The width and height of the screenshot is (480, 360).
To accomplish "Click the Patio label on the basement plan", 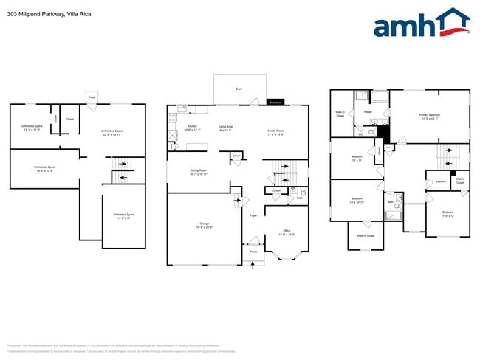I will tap(92, 97).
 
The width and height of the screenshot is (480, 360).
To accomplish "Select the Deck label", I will tap(239, 89).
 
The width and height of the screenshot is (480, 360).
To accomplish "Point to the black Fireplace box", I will tap(275, 102).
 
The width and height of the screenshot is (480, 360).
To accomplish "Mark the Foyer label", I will tap(253, 215).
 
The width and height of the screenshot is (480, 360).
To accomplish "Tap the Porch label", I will tap(253, 252).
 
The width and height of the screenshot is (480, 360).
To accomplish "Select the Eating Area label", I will tap(225, 127).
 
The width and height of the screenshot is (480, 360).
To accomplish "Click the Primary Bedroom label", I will tap(429, 115).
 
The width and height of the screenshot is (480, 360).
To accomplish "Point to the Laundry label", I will tap(440, 181).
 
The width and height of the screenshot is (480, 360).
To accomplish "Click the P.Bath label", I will tap(367, 112).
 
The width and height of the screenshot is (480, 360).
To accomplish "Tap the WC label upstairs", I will tap(360, 134).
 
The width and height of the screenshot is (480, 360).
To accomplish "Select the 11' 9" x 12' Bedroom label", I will tap(448, 212).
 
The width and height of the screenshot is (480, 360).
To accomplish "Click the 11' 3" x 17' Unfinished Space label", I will tap(123, 215).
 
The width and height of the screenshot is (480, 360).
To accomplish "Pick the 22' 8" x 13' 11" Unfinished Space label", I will tap(112, 131).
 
